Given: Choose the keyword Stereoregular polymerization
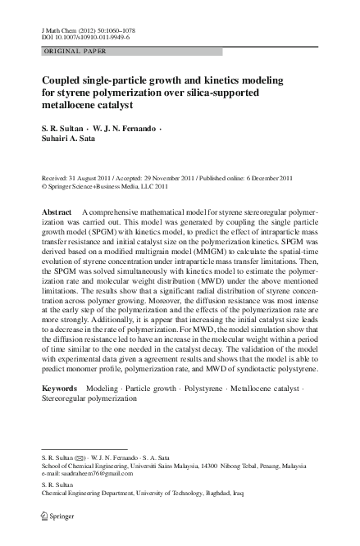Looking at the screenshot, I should (x=89, y=397).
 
